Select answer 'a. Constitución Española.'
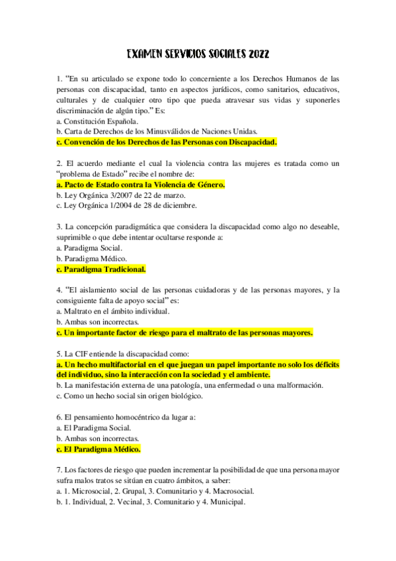click(x=97, y=121)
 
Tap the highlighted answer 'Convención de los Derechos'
click(x=167, y=142)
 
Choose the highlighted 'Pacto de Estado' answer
click(x=141, y=185)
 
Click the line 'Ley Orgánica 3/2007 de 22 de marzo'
click(x=121, y=195)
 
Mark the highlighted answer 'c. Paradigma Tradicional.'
click(x=101, y=269)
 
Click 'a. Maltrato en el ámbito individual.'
click(x=113, y=311)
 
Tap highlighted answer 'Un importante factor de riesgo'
click(x=185, y=333)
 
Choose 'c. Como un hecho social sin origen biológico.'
click(x=130, y=396)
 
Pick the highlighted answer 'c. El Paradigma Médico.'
click(x=99, y=449)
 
